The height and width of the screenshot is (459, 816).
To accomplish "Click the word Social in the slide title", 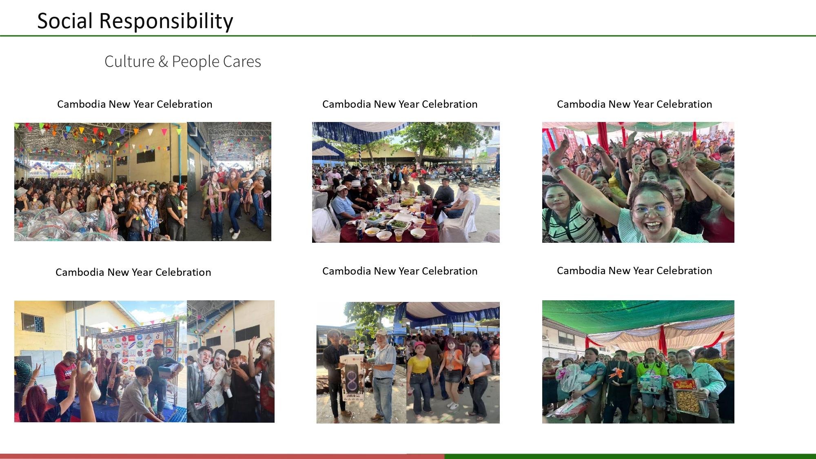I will pyautogui.click(x=65, y=21).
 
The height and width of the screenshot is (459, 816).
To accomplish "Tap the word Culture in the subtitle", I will pyautogui.click(x=129, y=62).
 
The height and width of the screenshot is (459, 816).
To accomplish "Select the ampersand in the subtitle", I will pyautogui.click(x=163, y=62).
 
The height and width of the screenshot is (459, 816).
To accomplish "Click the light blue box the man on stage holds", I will pyautogui.click(x=169, y=370).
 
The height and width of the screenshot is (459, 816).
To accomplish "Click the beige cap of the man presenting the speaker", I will pyautogui.click(x=381, y=333).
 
